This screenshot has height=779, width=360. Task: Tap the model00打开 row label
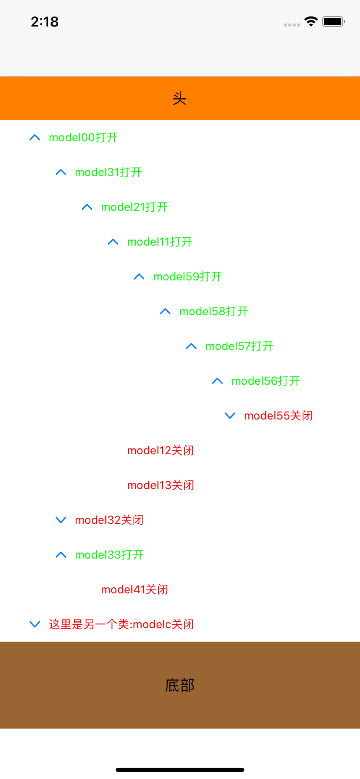83,138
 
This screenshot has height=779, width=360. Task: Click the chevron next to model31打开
61,173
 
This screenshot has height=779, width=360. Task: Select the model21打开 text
134,207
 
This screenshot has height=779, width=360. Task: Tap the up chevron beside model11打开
113,242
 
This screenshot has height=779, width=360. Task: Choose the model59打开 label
187,277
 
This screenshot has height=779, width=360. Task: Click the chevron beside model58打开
165,312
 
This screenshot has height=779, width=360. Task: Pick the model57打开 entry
239,346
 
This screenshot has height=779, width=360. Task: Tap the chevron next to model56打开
217,381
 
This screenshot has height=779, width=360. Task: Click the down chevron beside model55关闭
230,416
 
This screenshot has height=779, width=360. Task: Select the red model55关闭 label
278,416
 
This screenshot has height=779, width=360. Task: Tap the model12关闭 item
160,451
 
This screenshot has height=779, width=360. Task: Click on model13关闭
160,486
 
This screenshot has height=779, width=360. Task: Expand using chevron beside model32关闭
61,520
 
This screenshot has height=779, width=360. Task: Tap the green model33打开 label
109,555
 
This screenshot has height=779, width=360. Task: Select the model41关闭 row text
134,590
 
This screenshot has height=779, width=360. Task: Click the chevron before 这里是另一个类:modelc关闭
35,625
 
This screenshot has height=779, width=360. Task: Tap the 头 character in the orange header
180,99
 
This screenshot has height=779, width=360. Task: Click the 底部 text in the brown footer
180,686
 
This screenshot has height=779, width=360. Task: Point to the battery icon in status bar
333,22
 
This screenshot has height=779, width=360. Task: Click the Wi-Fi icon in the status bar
311,22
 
